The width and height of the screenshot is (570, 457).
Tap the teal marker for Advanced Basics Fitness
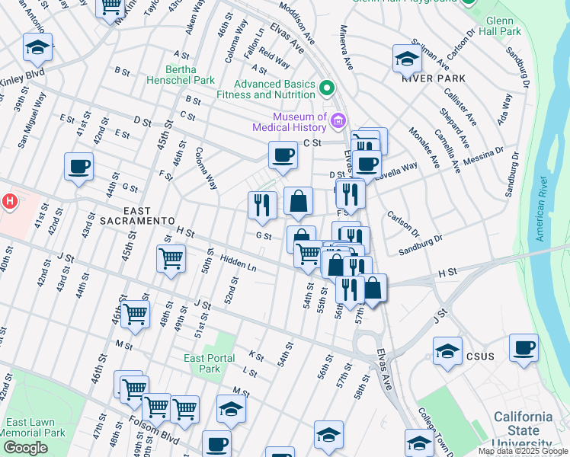(328, 88)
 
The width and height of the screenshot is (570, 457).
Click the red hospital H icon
(9, 202)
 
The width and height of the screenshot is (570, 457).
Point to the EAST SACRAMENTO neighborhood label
(138, 220)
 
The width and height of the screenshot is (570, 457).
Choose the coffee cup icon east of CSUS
(524, 348)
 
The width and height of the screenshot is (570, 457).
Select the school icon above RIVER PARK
(408, 58)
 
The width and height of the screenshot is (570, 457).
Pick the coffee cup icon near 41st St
(78, 165)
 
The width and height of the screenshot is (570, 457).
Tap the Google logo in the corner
(25, 448)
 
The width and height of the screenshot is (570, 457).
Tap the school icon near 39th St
(37, 47)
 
